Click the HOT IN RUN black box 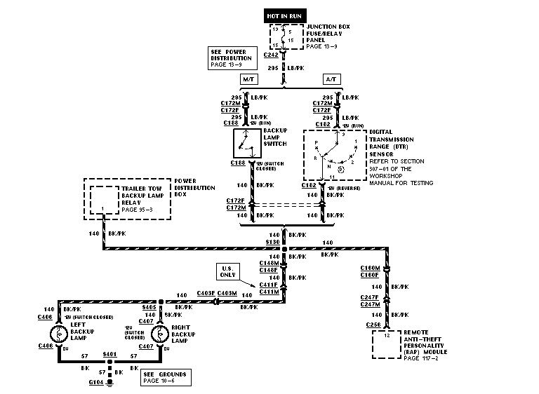click(284, 14)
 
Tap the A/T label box click(331, 79)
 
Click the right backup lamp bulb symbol click(161, 327)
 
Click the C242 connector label click(272, 54)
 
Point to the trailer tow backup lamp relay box click(103, 199)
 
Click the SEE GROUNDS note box click(165, 377)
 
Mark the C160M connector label click(370, 268)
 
